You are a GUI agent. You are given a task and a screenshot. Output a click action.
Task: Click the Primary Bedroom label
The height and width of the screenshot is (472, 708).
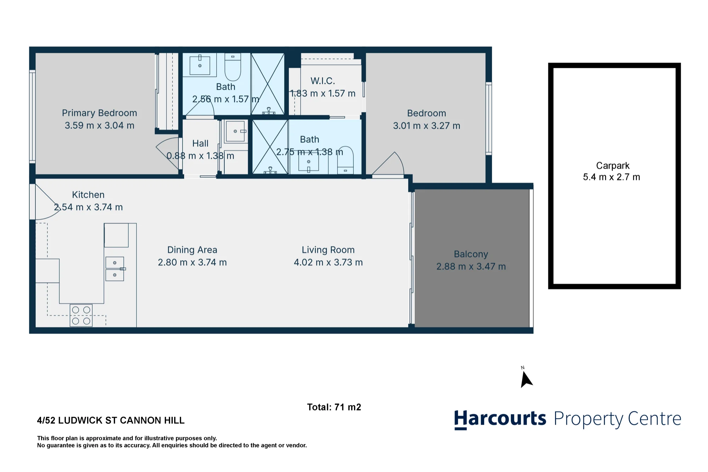coord(99,113)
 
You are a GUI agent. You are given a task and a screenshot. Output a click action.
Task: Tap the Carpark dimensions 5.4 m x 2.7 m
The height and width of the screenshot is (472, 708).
coord(611,177)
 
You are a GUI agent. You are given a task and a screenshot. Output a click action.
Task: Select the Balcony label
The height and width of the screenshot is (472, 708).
coord(471,254)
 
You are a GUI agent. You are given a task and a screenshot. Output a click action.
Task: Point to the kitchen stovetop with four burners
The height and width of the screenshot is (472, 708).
coord(81,315)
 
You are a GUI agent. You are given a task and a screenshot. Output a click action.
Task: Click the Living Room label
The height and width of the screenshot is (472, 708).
coord(328,250)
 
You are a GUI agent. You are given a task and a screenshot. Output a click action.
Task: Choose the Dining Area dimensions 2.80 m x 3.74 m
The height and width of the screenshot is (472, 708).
coord(192,262)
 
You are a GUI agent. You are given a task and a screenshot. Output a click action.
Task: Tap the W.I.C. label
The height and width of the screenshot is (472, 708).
coord(322,81)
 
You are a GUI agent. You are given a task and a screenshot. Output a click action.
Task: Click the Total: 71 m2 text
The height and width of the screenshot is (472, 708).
coord(334,407)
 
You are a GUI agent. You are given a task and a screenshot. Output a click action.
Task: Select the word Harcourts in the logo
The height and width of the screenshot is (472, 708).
coord(500,419)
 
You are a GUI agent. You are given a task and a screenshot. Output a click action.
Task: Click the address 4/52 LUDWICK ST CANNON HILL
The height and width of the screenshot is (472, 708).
coord(111,420)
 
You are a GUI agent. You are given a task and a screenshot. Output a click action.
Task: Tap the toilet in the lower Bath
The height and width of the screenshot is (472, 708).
coord(345,160)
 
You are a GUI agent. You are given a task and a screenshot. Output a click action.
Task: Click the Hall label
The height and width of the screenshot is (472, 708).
coord(200,143)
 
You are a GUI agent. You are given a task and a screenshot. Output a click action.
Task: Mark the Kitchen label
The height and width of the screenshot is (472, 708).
coord(88,195)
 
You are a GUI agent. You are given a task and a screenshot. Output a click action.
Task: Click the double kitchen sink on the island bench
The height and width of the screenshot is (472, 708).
coord(115,269)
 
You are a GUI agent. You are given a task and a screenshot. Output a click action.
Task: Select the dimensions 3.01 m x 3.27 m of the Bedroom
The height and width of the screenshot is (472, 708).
coord(427,126)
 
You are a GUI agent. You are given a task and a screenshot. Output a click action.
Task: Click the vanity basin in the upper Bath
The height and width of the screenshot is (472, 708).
coord(200,65)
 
